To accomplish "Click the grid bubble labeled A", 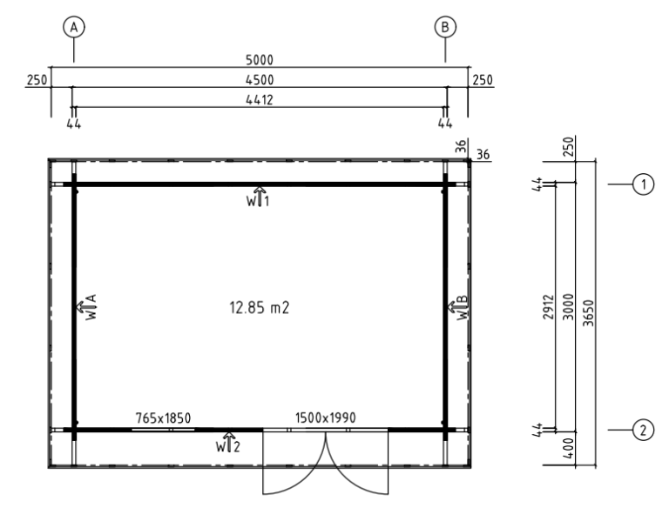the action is [x=74, y=27].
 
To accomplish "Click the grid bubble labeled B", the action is [x=445, y=27].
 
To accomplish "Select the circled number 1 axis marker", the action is [x=643, y=184].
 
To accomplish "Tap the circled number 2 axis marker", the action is [x=643, y=430].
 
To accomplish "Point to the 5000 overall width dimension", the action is [x=260, y=60].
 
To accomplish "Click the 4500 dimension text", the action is [x=260, y=80].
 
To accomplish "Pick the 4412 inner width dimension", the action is [x=260, y=100].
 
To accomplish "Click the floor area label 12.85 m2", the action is [x=260, y=307].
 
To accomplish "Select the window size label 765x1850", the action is [x=163, y=418].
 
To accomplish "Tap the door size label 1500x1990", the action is [x=325, y=418].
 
